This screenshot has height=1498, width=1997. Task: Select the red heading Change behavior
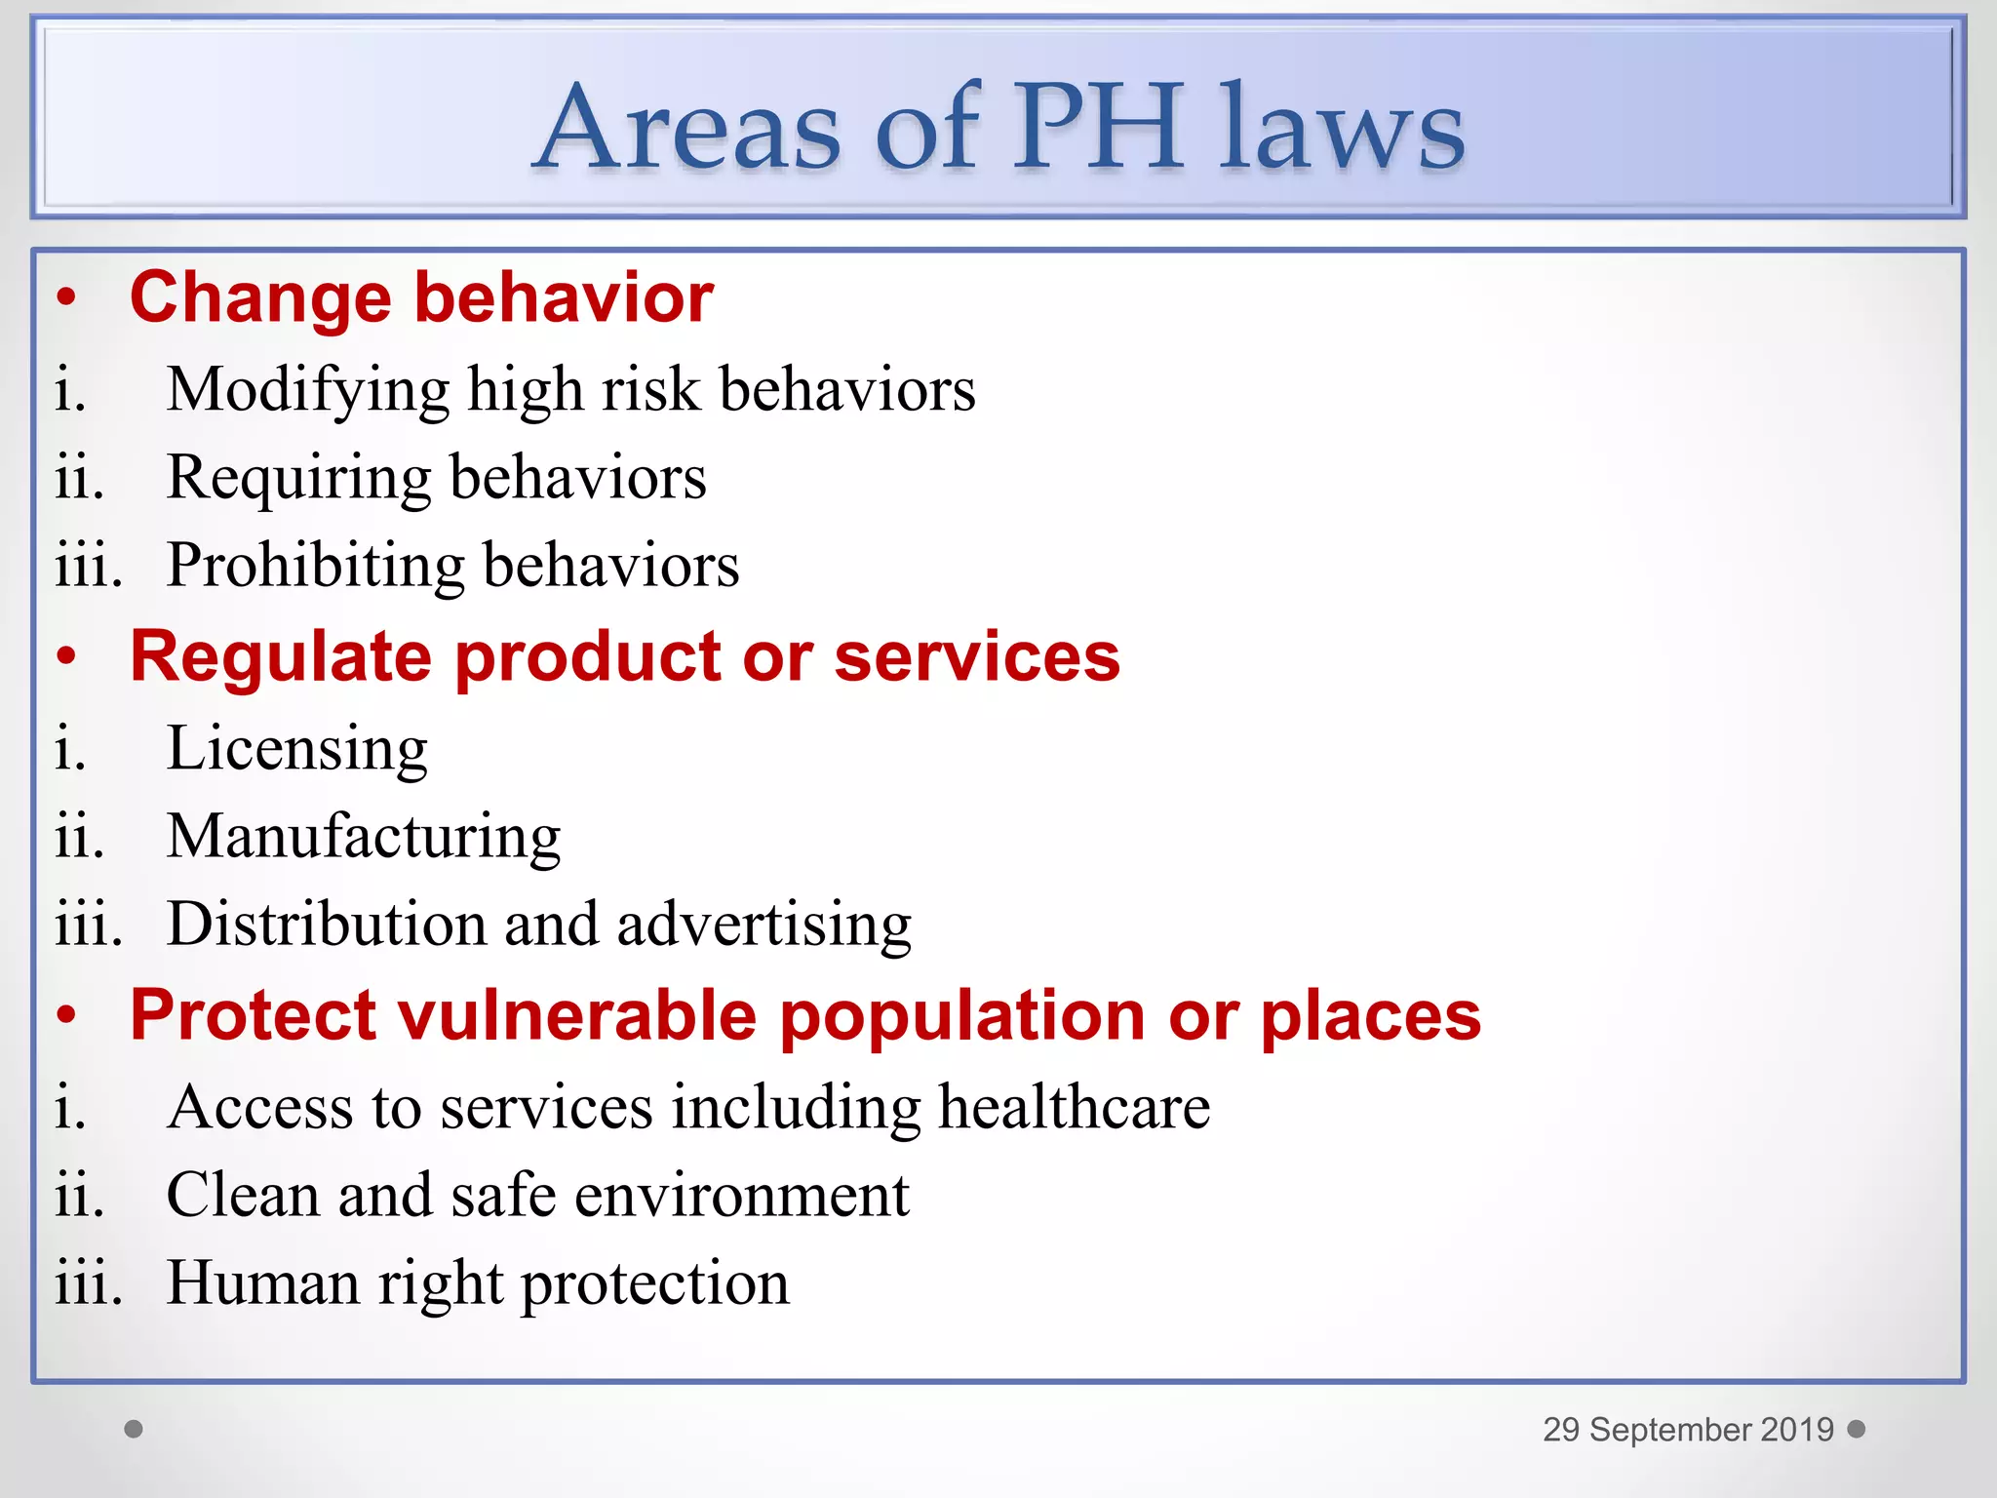coord(421,297)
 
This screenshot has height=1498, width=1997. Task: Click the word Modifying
coord(307,390)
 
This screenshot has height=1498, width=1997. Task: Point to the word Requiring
coord(298,478)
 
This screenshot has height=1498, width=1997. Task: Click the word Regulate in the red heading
coord(280,656)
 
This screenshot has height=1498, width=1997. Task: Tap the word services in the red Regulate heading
coord(977,656)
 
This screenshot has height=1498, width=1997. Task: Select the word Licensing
coord(297,749)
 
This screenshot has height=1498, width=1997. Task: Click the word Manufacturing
coord(364,837)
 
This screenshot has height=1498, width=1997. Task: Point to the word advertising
coord(764,924)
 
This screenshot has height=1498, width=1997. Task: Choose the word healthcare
coord(1074,1108)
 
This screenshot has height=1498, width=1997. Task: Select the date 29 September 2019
coord(1687,1430)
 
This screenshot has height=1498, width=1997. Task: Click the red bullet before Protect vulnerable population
coord(65,1015)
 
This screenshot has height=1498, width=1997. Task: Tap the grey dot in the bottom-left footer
coord(134,1429)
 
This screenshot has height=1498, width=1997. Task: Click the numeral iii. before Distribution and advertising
coord(89,924)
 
